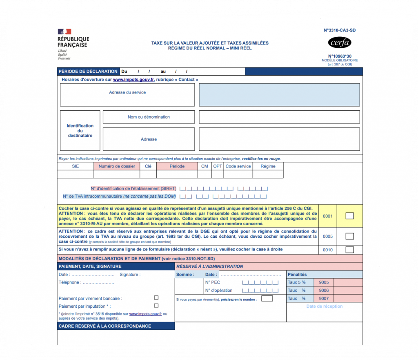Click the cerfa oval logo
pos(340,42)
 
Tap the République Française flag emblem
pos(64,32)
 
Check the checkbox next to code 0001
pos(349,216)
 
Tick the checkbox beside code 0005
pos(349,236)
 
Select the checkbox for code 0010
pos(349,250)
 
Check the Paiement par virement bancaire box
pos(156,298)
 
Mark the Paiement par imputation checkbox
pos(156,306)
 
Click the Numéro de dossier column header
pos(117,166)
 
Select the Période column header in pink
pos(177,166)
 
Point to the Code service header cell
pos(238,166)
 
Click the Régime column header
pos(268,166)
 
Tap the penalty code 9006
pos(324,290)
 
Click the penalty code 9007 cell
pos(324,298)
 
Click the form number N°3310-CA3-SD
pos(337,30)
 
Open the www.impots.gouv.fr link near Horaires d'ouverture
pos(133,80)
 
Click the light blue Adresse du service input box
pos(279,95)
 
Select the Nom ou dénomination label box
pos(149,117)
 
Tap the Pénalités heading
pos(297,275)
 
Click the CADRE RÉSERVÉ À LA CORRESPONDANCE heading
pos(105,326)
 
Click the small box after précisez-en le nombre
pos(267,299)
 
